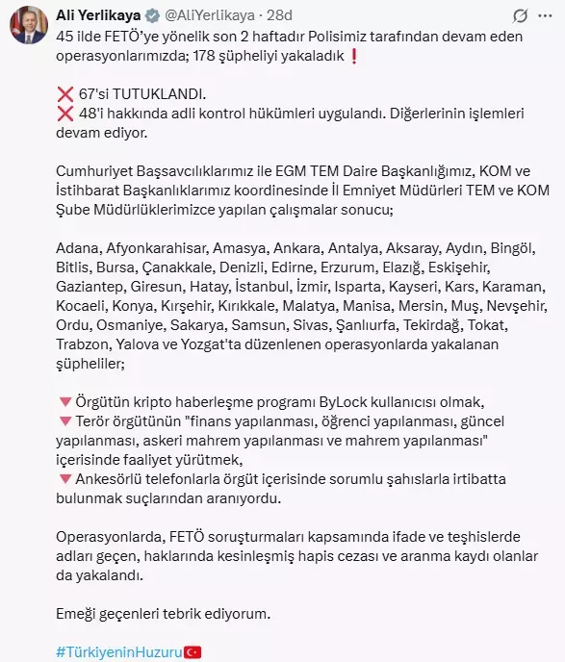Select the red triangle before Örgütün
[64, 403]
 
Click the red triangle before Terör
[64, 422]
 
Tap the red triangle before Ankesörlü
[64, 480]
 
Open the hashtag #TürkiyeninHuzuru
[118, 651]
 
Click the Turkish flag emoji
[193, 651]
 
